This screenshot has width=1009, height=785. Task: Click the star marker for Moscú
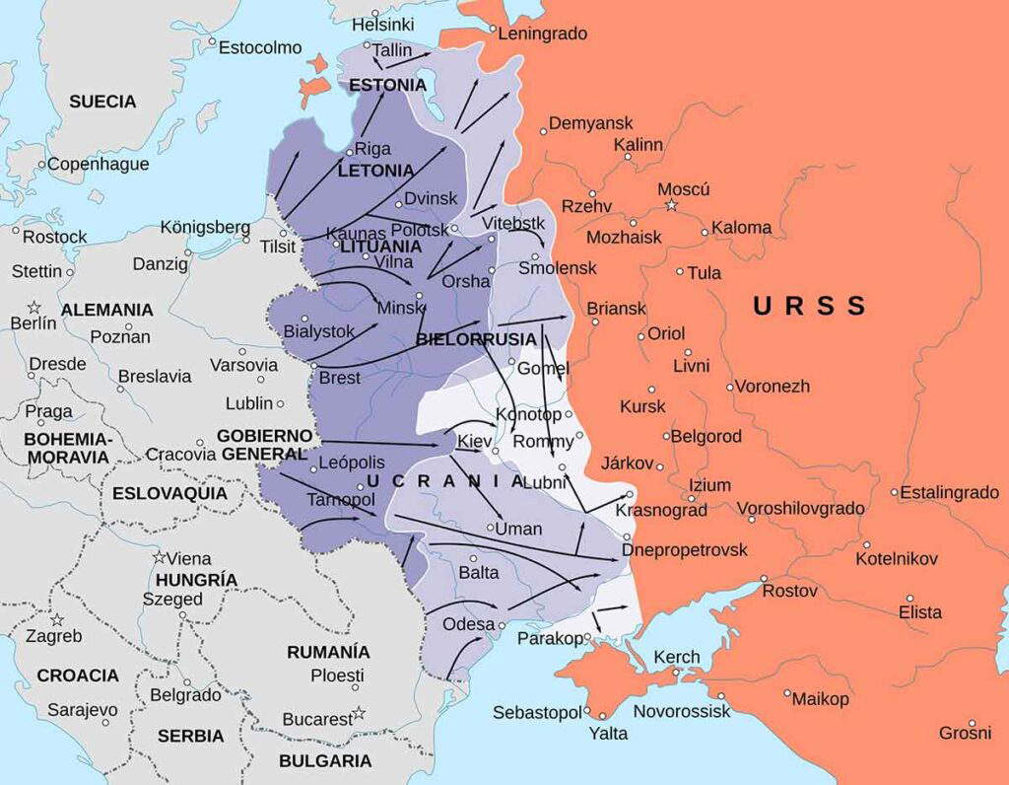click(671, 205)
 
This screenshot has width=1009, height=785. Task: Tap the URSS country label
click(808, 306)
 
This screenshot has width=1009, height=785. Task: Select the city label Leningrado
click(542, 34)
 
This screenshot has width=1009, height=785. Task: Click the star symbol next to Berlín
click(34, 307)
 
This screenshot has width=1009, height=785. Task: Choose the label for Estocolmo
click(260, 47)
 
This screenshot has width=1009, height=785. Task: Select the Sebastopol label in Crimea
click(536, 712)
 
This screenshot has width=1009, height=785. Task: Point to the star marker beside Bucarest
click(359, 713)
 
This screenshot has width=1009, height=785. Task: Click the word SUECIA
click(102, 102)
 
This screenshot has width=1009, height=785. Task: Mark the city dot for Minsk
click(420, 295)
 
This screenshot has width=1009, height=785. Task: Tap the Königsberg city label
click(205, 228)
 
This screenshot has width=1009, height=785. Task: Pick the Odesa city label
click(469, 624)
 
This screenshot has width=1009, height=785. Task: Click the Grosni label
click(965, 733)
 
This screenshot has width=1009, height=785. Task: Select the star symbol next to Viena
click(159, 557)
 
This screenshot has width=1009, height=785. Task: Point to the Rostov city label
click(789, 591)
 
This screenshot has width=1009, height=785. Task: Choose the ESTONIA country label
click(389, 85)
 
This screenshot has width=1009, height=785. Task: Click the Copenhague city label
click(99, 164)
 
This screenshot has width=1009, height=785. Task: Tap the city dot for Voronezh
click(730, 387)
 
